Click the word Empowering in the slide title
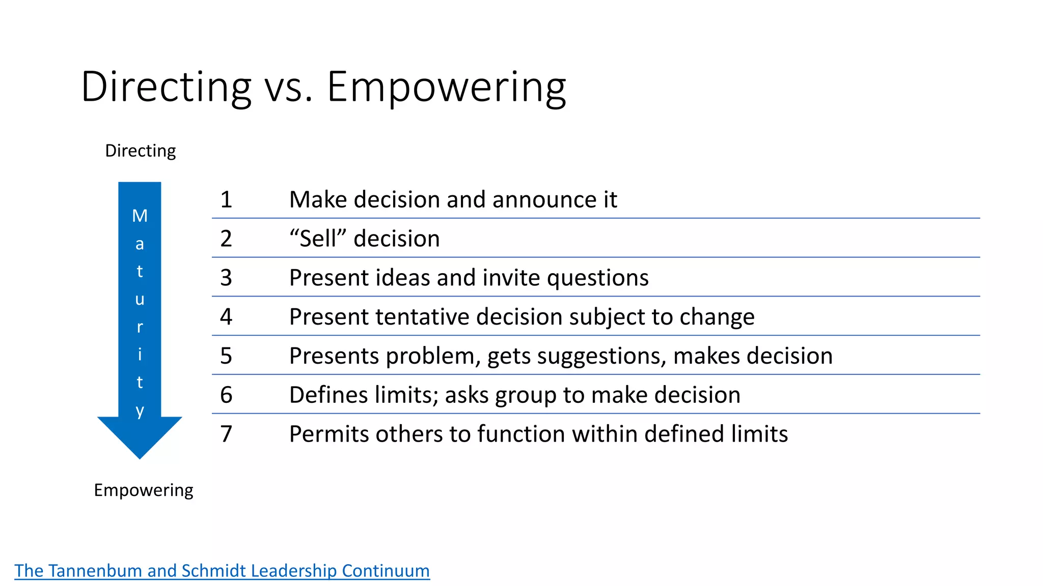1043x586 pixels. (x=446, y=87)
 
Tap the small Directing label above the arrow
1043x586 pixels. (x=140, y=151)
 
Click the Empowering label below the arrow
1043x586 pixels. (x=144, y=490)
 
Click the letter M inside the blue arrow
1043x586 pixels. (x=140, y=216)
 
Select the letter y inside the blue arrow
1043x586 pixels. (x=140, y=410)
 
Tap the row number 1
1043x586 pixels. (x=226, y=199)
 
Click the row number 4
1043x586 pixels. (x=226, y=316)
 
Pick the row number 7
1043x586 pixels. (x=226, y=434)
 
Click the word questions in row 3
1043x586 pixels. (x=597, y=278)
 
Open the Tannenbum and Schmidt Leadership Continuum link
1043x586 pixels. (x=222, y=570)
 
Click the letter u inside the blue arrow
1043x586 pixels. (x=140, y=299)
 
